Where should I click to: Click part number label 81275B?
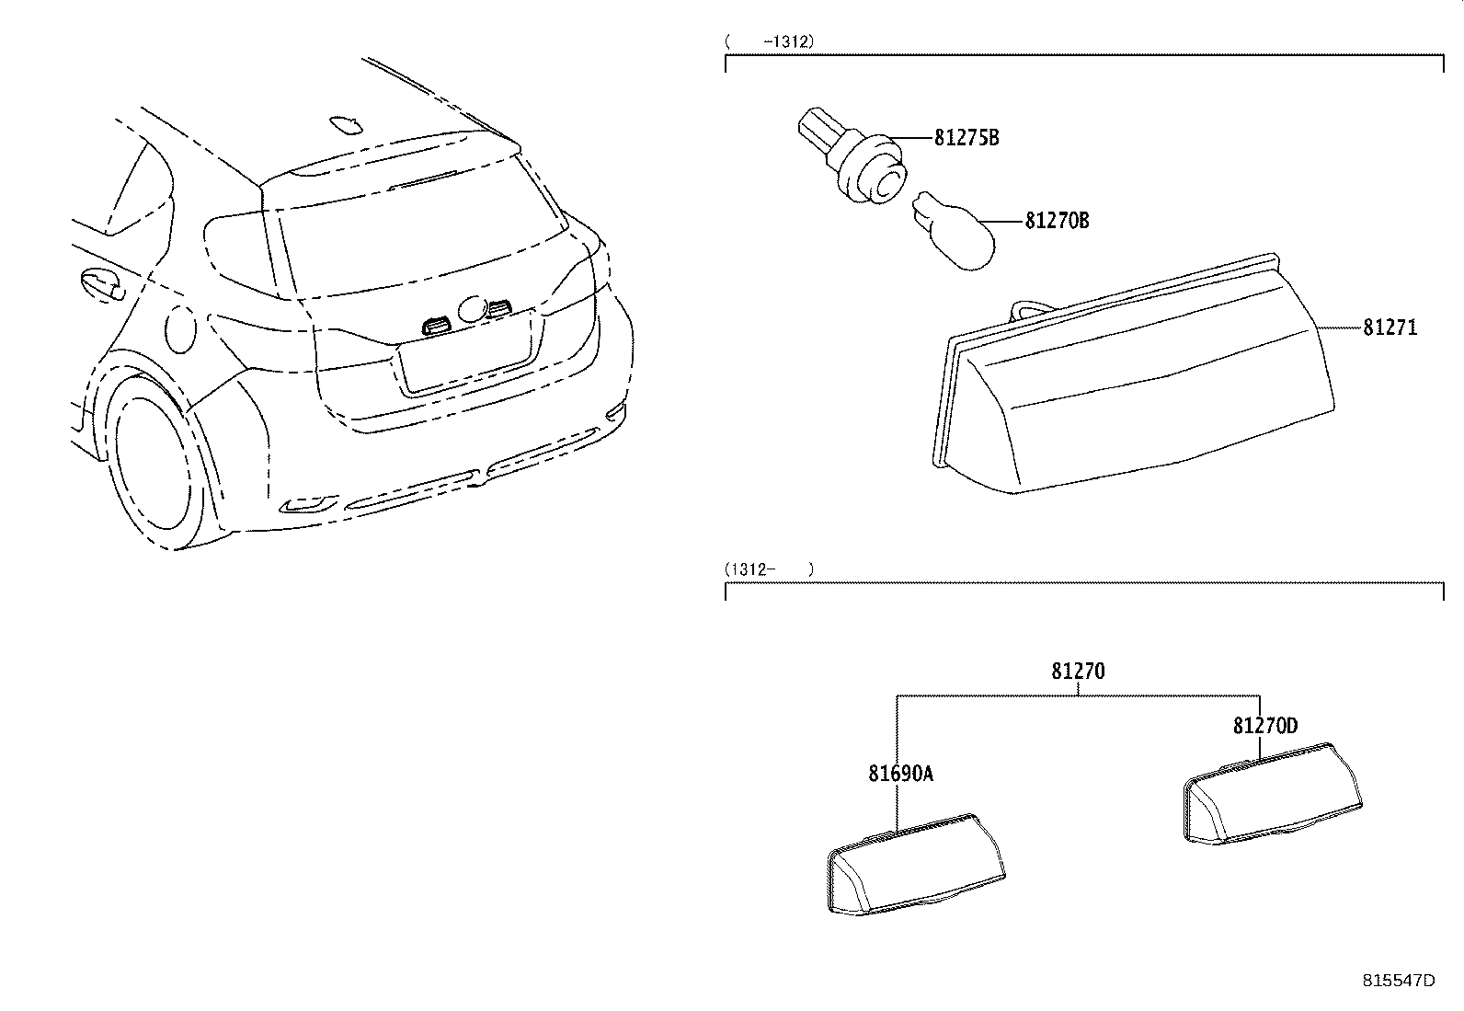coord(966,139)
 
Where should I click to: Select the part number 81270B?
coord(1057,222)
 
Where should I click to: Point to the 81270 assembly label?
coord(1078,672)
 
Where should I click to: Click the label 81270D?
coord(1264,727)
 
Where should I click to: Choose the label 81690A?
coord(900,774)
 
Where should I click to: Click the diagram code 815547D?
coord(1398,981)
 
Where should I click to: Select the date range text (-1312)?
coord(770,41)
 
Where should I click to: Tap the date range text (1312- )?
coord(769,569)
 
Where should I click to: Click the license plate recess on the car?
coord(465,359)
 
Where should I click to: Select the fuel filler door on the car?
coord(181,331)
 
